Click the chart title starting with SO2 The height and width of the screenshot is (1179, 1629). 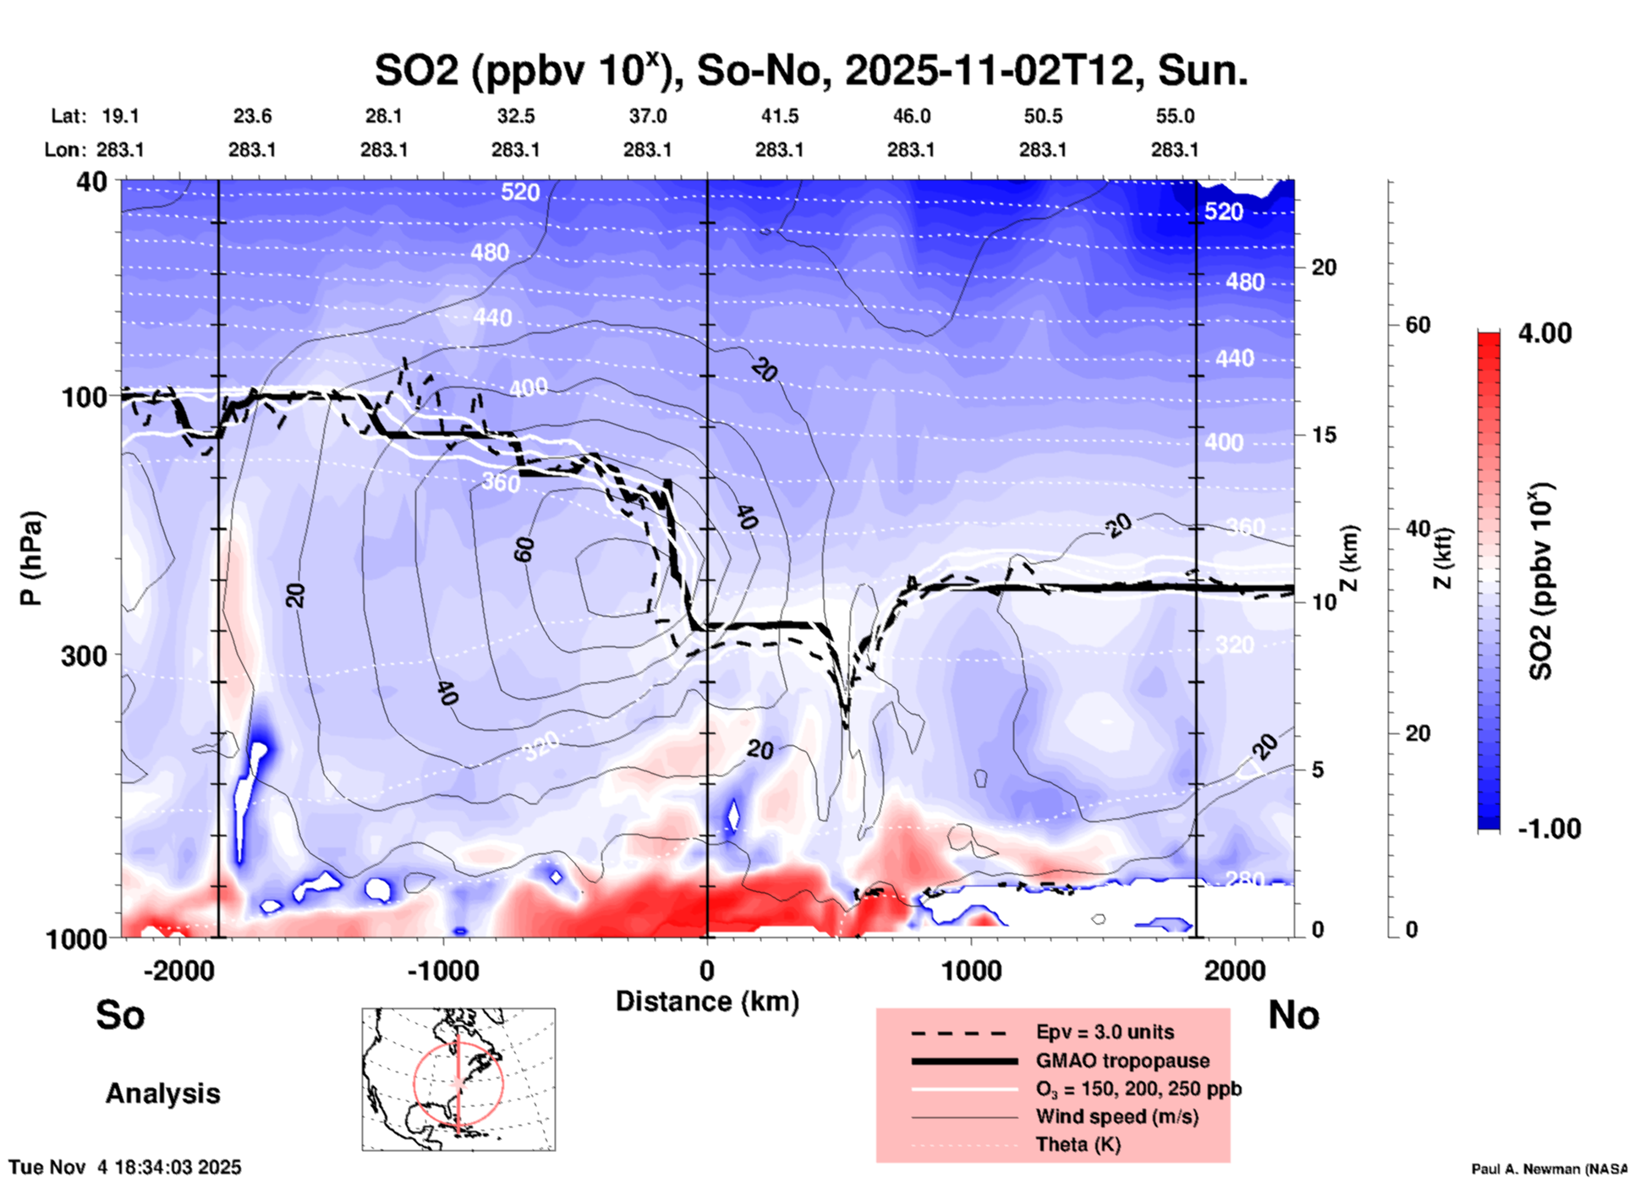810,71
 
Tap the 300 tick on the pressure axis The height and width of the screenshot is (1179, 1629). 85,655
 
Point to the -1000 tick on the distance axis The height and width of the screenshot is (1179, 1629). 442,971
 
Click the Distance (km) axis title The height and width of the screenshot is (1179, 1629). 707,1001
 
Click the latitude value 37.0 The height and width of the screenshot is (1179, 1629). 647,116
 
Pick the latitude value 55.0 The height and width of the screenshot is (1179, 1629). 1174,116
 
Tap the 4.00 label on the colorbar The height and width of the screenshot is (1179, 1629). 1544,333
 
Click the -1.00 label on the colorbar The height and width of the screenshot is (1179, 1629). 1548,829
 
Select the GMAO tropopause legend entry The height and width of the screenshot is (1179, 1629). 1122,1061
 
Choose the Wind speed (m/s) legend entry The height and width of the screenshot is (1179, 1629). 1116,1117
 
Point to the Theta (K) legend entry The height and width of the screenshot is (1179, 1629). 1078,1145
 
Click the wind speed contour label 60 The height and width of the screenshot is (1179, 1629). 524,550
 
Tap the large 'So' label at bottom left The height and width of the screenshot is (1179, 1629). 120,1015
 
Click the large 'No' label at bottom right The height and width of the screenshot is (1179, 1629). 1293,1015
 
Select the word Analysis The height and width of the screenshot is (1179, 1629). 162,1094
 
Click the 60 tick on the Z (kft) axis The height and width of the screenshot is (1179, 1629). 1418,326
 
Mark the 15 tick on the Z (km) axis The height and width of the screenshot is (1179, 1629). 1324,435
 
